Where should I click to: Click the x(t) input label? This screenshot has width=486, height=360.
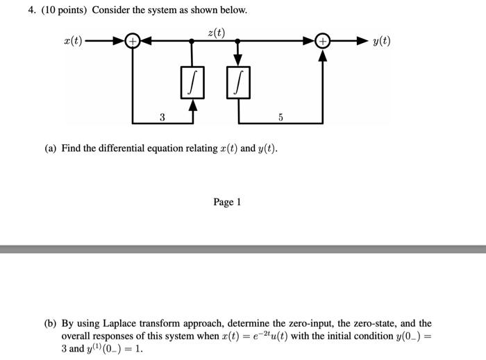(x=72, y=41)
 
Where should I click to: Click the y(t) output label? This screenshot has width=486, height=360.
(x=381, y=41)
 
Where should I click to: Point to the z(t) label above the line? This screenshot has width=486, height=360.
(x=216, y=31)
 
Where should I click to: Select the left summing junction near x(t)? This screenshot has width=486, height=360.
(x=132, y=42)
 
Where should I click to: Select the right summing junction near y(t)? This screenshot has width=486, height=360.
(x=322, y=42)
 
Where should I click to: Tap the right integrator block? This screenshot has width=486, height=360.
(x=238, y=84)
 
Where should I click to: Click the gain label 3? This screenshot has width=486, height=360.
(x=162, y=117)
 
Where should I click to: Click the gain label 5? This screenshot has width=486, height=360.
(x=280, y=117)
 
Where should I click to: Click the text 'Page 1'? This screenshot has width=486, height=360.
(x=227, y=202)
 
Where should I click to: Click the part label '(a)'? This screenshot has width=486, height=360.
(x=51, y=148)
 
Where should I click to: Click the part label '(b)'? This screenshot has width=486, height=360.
(x=51, y=323)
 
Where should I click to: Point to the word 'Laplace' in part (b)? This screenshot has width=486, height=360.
(x=121, y=323)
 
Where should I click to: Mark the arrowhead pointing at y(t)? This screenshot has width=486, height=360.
(x=360, y=42)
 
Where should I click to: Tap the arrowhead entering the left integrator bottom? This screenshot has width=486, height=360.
(x=192, y=106)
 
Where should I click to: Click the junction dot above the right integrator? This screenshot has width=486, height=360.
(x=238, y=42)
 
